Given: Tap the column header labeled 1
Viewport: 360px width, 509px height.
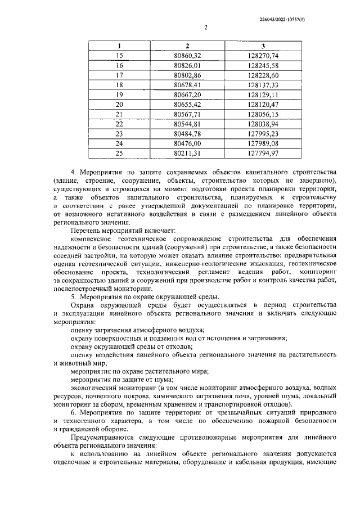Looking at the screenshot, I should tap(119, 46).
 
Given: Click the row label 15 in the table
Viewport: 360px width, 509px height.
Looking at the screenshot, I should tap(119, 55).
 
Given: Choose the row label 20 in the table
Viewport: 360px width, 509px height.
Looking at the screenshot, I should tap(119, 104).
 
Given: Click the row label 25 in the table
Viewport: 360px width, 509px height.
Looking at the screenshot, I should tap(119, 153).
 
